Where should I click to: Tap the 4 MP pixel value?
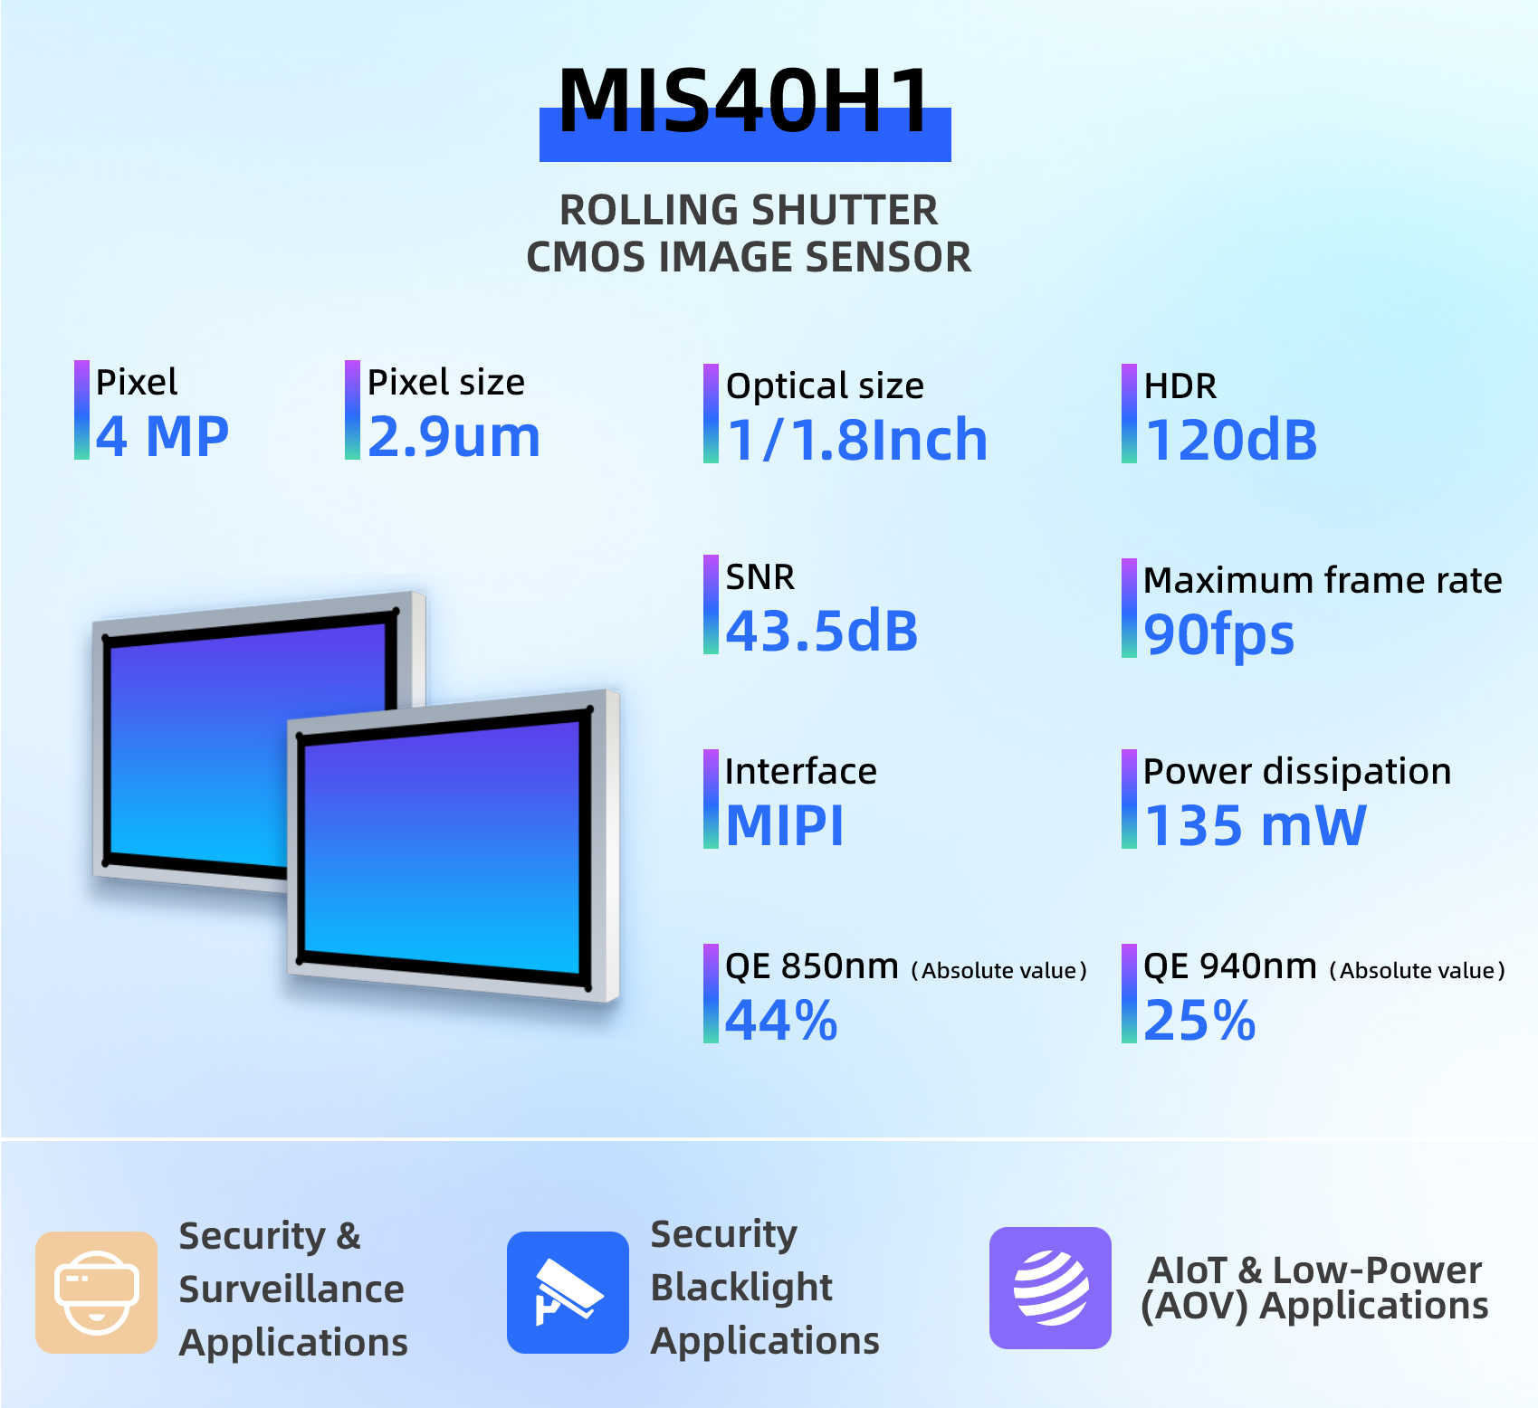[163, 436]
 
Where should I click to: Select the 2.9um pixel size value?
[454, 436]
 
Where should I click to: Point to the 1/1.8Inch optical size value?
[856, 440]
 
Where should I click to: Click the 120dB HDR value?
[1231, 440]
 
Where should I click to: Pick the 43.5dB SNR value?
[822, 631]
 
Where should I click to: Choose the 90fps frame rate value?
[1219, 634]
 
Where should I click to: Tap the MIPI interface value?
[785, 825]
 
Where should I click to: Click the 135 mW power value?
[1255, 825]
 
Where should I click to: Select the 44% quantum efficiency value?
[781, 1020]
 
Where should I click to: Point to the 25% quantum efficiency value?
[1199, 1020]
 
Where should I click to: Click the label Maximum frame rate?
[1323, 580]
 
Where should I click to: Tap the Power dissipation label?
[1297, 771]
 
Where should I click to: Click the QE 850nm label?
[812, 966]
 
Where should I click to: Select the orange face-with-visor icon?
[96, 1292]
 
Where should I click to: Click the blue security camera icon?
[568, 1292]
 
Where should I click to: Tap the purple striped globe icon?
[1050, 1288]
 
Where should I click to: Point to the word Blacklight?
[741, 1287]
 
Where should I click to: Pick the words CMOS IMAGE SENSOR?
[749, 257]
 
